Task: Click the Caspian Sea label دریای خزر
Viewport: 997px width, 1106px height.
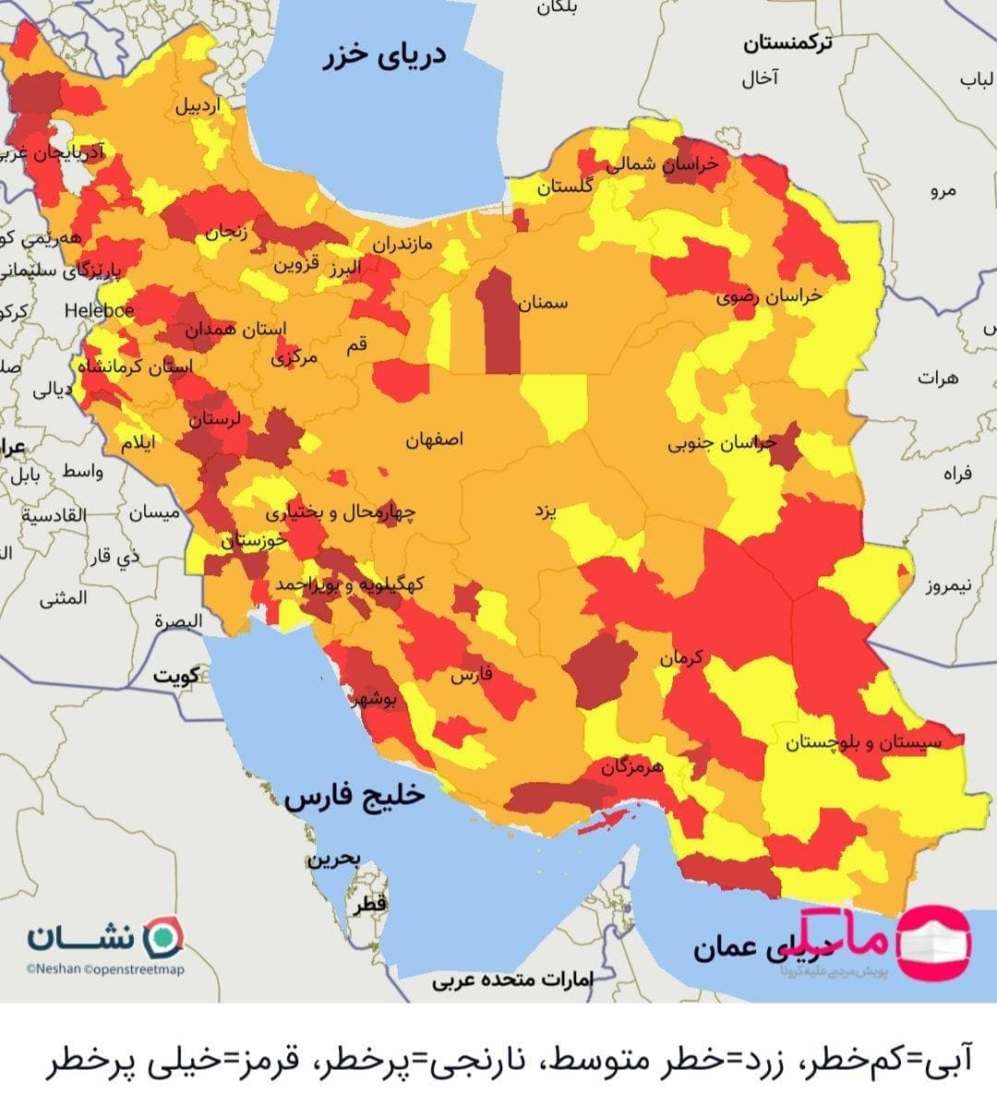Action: pos(384,54)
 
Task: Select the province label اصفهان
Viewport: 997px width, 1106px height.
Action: pos(434,439)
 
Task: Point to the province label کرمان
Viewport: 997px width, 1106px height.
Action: pos(681,658)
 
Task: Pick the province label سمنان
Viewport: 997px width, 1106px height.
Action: pos(543,303)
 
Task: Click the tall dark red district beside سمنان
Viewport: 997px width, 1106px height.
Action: pos(498,323)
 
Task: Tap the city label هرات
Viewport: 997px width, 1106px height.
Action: pos(938,378)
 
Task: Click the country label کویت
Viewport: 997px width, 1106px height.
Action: pos(176,676)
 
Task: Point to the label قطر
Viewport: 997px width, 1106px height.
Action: pos(368,906)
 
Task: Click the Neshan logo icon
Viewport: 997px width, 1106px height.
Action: pos(166,937)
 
